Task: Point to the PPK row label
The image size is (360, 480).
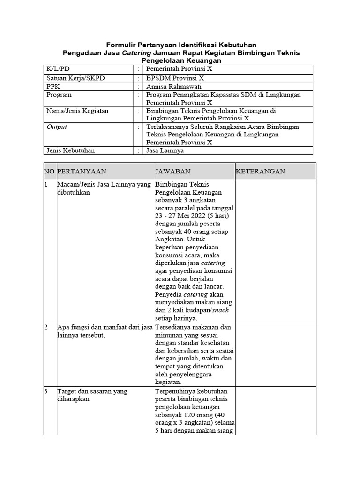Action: (x=53, y=86)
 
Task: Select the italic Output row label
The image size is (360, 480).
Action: (x=56, y=127)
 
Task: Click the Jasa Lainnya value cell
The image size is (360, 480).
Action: (x=165, y=150)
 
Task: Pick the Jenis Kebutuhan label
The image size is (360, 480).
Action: (x=70, y=150)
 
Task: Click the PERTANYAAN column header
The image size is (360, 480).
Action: (x=82, y=172)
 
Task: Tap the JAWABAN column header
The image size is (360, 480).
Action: (x=172, y=172)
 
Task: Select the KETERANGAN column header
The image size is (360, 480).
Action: (x=260, y=172)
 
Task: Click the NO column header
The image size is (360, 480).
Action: (x=49, y=172)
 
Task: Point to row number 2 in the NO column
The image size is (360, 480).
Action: (x=46, y=327)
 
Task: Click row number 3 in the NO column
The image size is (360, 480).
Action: (x=46, y=391)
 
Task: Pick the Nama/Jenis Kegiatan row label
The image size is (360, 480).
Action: (x=77, y=111)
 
